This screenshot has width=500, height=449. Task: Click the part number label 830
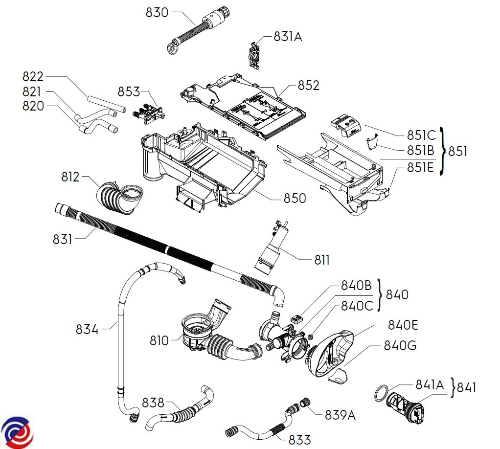(x=157, y=12)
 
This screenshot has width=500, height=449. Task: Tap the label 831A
(x=288, y=37)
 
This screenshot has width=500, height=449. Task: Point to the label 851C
(x=421, y=135)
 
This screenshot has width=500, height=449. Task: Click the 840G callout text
(x=400, y=346)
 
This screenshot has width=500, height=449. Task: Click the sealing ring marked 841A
(x=382, y=392)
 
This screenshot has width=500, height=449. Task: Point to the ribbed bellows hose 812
(x=120, y=196)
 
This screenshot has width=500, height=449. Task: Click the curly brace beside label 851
(x=443, y=151)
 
